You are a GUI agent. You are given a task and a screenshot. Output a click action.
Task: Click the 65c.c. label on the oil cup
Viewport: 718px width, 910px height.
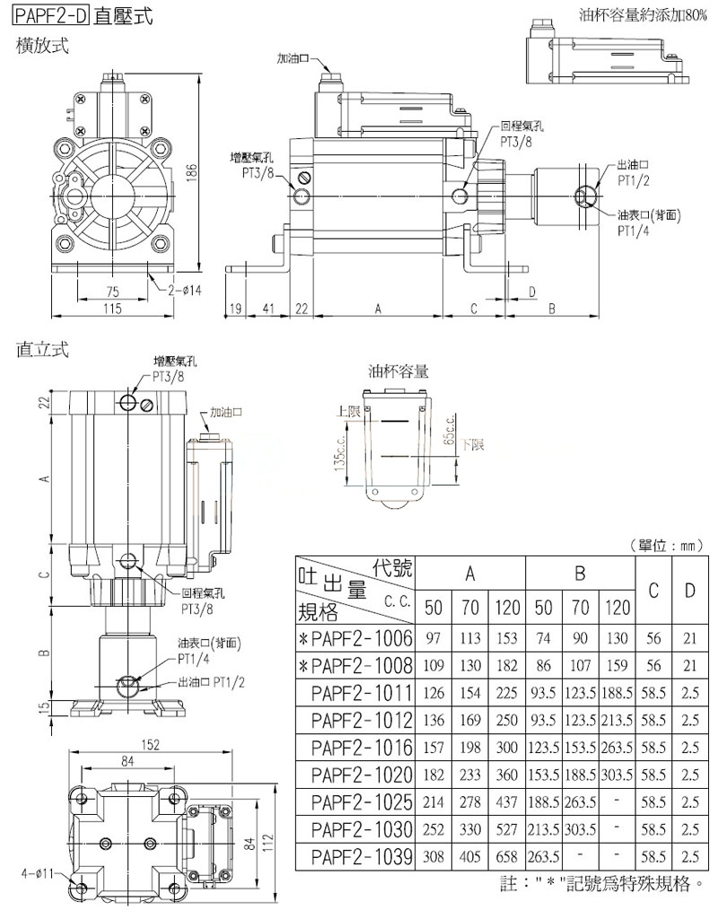pos(447,432)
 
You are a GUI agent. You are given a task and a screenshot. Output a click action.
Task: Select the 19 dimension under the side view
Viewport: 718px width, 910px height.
pos(236,309)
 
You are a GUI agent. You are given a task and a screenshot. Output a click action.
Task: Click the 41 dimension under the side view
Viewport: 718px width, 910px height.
pos(268,309)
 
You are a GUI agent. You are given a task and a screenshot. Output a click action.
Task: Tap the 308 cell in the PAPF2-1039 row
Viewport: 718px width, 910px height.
pos(433,856)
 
